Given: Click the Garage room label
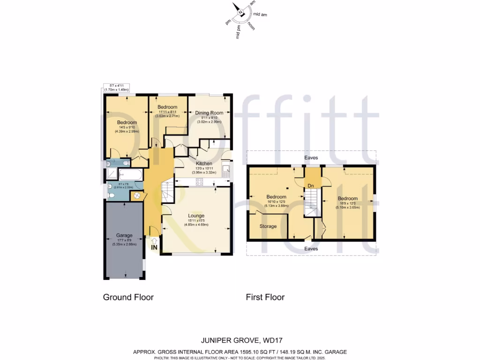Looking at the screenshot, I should click(x=124, y=235).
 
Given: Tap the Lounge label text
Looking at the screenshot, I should click(x=196, y=216).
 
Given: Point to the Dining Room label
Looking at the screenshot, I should click(x=210, y=112).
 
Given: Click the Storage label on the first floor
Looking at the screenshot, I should click(x=268, y=226).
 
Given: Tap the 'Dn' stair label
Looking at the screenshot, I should click(x=311, y=186).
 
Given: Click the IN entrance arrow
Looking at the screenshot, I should click(x=154, y=244).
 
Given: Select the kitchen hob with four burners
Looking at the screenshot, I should click(x=195, y=183).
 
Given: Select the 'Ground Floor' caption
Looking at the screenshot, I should click(x=128, y=297).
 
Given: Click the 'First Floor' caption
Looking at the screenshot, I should click(x=265, y=297).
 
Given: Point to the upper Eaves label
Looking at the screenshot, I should click(x=311, y=158).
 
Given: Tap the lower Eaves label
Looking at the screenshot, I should click(x=311, y=248).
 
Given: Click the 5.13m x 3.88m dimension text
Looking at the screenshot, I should click(x=277, y=205).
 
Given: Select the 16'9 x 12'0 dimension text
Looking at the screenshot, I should click(x=348, y=203).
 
